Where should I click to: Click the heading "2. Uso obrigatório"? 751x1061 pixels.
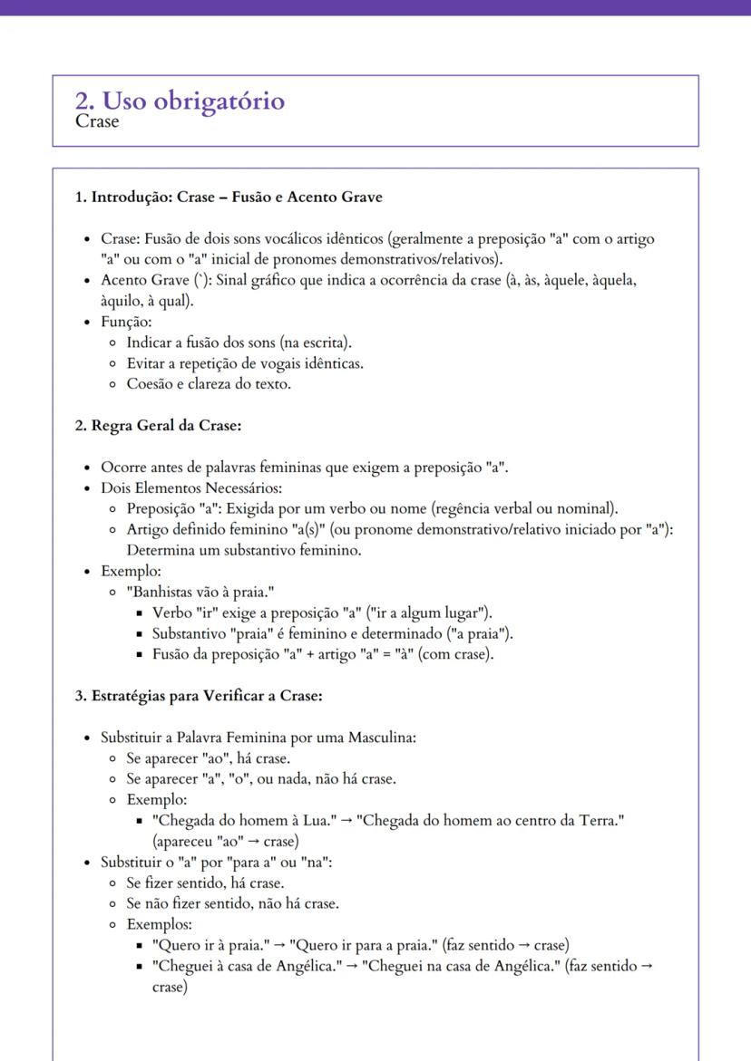(x=180, y=101)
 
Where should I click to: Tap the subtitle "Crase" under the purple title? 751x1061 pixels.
(x=96, y=121)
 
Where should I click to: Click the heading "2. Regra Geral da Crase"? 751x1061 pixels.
(x=157, y=425)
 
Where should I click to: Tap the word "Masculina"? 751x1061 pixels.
(x=381, y=737)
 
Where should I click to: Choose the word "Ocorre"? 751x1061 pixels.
(x=122, y=468)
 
